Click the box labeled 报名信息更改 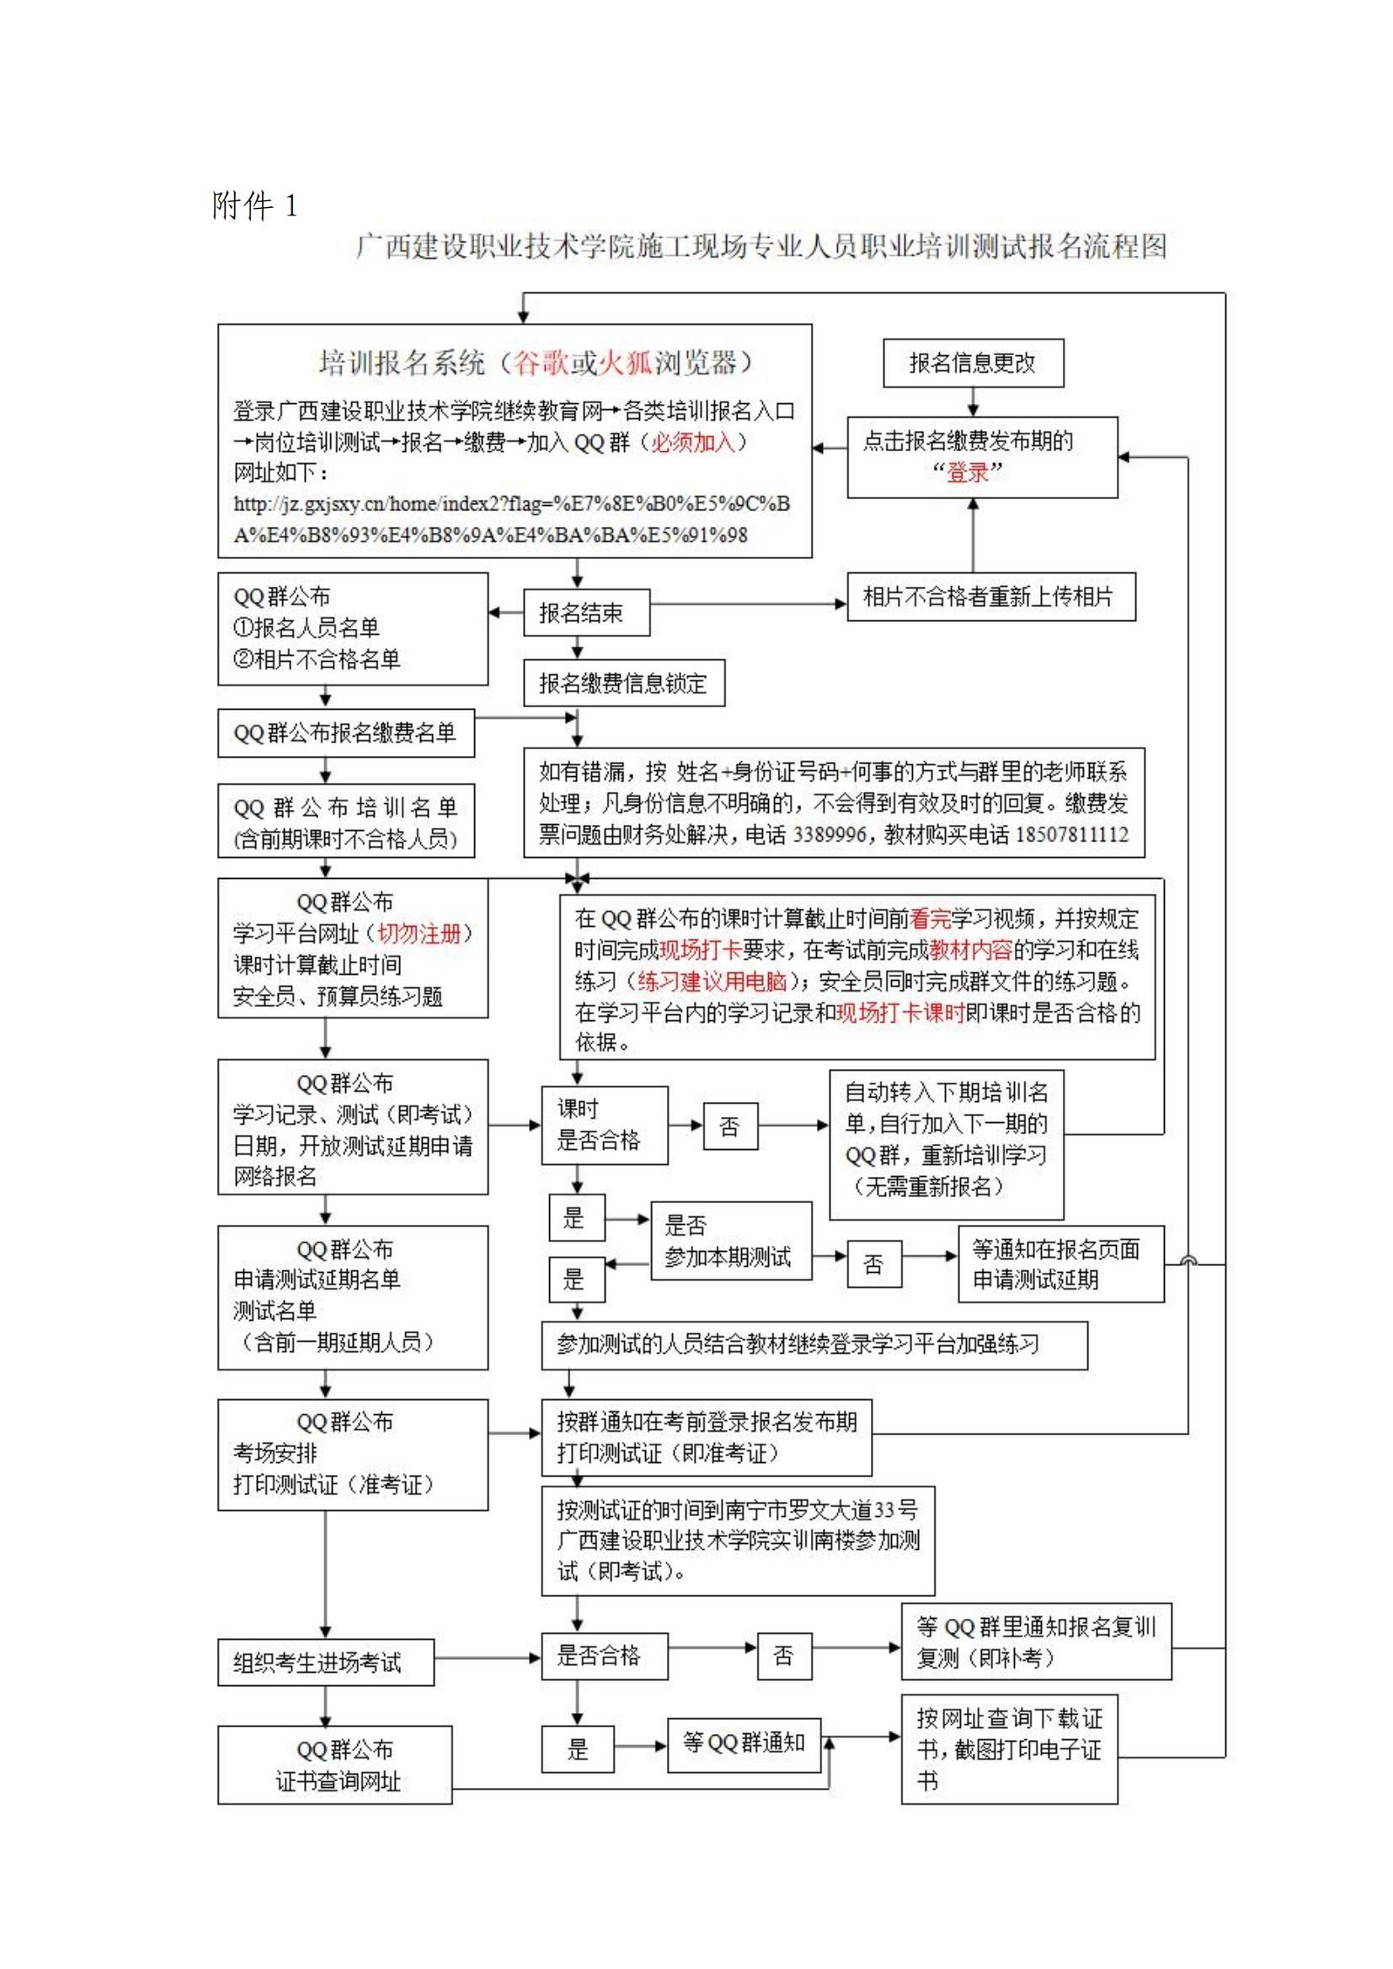tap(973, 363)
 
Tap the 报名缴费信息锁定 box tap(623, 683)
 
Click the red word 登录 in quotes tap(967, 471)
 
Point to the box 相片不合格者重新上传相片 tap(990, 596)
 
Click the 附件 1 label tap(254, 205)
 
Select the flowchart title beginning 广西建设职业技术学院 tap(761, 247)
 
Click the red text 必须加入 tap(693, 443)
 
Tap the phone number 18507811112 tap(1071, 834)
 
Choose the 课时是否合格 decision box tap(604, 1125)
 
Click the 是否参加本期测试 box tap(730, 1240)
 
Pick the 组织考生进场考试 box tap(325, 1663)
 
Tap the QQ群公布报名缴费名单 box tap(345, 732)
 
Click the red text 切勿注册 tap(419, 933)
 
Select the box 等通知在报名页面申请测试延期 tap(1060, 1264)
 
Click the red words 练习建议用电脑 tap(712, 981)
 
